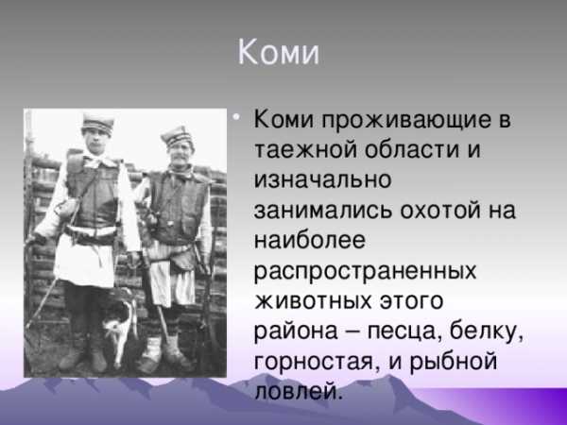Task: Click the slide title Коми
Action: tap(279, 53)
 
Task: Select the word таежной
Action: tap(305, 149)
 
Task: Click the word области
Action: tap(412, 149)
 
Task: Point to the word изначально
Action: tap(322, 179)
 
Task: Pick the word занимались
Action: tap(323, 210)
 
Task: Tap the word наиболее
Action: tap(310, 239)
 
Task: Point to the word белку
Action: tap(486, 331)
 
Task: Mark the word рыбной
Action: tap(453, 362)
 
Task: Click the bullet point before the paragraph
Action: tap(236, 117)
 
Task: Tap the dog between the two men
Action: tap(118, 321)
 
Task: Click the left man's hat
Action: tap(97, 124)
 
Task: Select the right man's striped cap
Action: tap(178, 137)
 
